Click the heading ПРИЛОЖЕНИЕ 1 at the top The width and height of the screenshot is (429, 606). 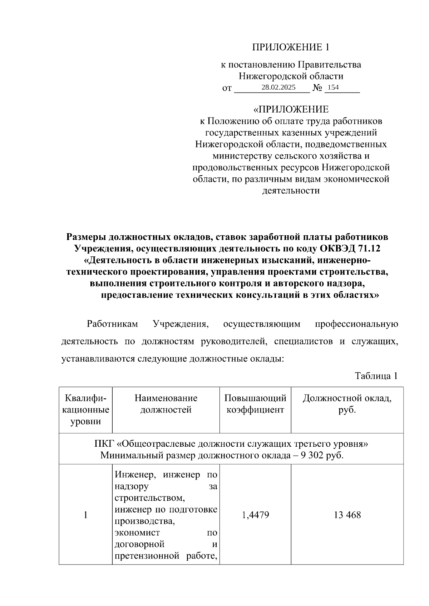tap(290, 47)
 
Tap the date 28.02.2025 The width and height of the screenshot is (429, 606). tap(278, 87)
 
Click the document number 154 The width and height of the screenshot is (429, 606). tap(333, 87)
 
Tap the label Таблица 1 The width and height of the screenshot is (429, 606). tap(376, 376)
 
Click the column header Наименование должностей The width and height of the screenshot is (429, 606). tap(166, 404)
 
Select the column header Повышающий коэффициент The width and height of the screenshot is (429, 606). tap(255, 404)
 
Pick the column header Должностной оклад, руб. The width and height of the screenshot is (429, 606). tap(347, 404)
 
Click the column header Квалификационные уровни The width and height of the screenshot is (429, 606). tap(86, 410)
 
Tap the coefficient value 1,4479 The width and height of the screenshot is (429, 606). tap(255, 515)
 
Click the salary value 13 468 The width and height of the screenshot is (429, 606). tap(347, 515)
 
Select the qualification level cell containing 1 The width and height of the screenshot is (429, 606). tap(86, 515)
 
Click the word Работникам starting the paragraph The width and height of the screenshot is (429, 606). tap(113, 324)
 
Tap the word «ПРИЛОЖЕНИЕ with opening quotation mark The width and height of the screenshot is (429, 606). tap(291, 109)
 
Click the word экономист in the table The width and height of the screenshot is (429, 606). tap(137, 532)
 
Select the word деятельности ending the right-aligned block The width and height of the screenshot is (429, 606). tap(291, 190)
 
